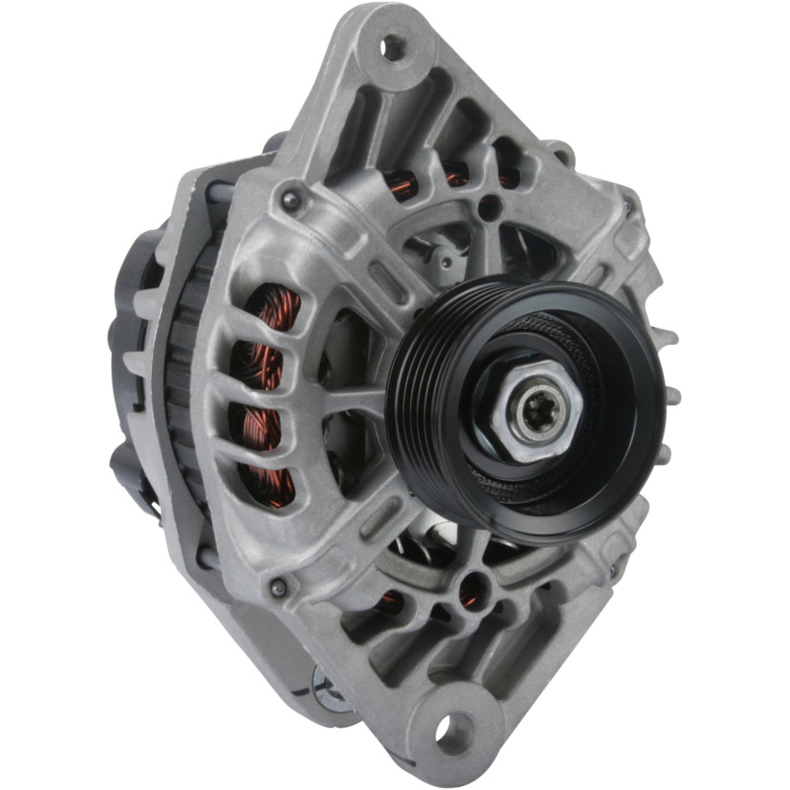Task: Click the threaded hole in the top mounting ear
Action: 394,44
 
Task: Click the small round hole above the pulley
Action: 489,207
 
